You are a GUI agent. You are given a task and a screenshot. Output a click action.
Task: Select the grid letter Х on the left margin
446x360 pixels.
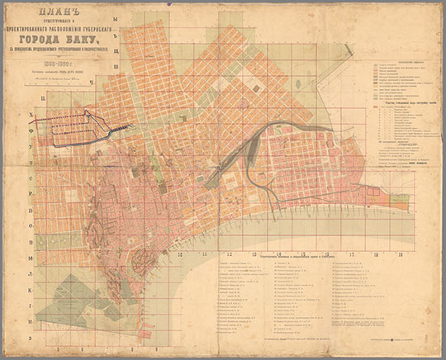(x=31, y=117)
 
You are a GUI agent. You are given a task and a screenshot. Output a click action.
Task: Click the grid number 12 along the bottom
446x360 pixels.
(x=180, y=254)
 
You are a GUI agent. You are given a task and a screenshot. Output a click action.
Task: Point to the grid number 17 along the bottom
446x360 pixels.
(x=353, y=254)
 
